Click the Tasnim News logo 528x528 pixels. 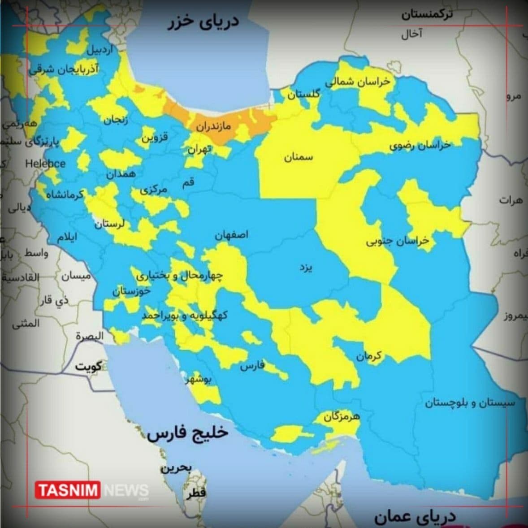(92, 490)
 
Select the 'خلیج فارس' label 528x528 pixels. (188, 433)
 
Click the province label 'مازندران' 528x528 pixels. (213, 126)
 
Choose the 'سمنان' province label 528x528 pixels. (299, 157)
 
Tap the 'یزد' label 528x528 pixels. (306, 268)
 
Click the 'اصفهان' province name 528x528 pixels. (231, 235)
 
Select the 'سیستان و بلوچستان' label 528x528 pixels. (470, 402)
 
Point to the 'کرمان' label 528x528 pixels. (369, 356)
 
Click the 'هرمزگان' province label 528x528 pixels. (342, 416)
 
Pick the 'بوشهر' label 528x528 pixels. (198, 380)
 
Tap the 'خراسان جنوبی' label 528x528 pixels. (397, 241)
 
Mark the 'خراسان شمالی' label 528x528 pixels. (357, 82)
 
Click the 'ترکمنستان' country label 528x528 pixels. (427, 14)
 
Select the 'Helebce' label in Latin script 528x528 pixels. (45, 164)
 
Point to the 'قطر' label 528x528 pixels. (197, 493)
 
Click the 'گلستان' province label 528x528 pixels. (303, 95)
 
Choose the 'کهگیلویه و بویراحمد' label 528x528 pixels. (185, 316)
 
